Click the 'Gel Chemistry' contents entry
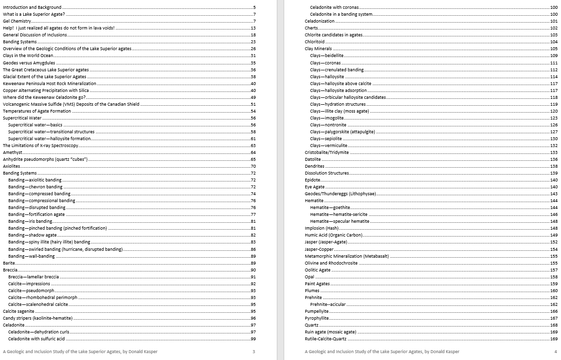(17, 21)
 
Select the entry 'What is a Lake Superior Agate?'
(34, 14)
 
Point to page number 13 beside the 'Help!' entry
(253, 28)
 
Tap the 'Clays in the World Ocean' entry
(28, 56)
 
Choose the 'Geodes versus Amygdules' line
(29, 63)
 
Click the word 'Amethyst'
(12, 152)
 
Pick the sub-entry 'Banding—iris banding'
(30, 221)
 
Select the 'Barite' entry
(9, 263)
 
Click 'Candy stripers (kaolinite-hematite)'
(38, 318)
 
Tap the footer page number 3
(254, 352)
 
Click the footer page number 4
(556, 352)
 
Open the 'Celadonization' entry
(321, 21)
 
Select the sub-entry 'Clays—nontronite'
(328, 125)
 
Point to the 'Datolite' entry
(313, 159)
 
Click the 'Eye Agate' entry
(315, 187)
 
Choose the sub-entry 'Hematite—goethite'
(330, 208)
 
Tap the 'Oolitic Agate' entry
(318, 270)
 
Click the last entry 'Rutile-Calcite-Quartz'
(325, 339)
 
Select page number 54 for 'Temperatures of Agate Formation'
(253, 111)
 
